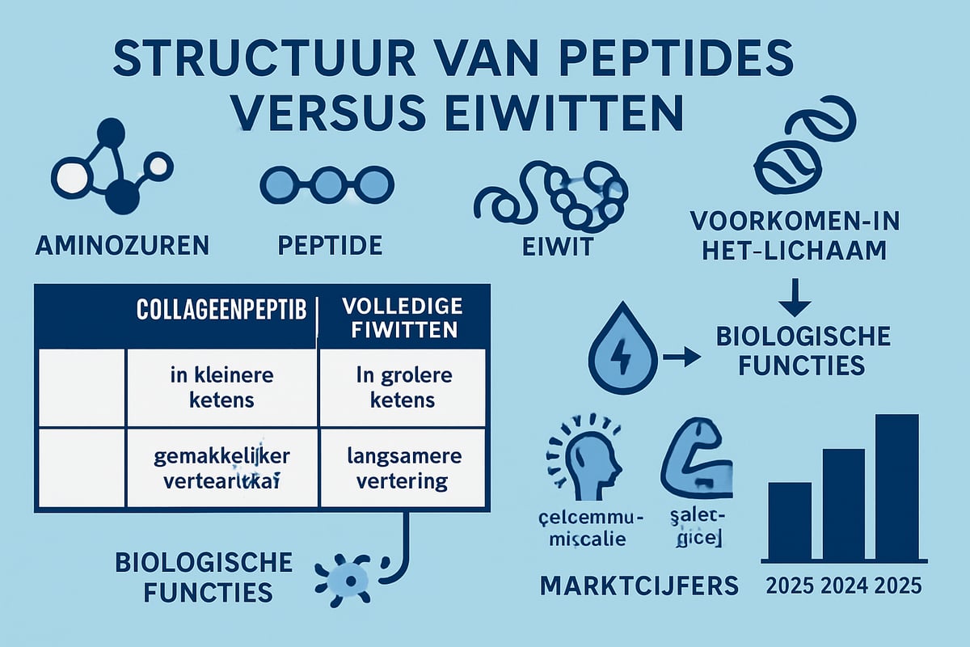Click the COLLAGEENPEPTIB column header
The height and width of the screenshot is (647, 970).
[x=221, y=312]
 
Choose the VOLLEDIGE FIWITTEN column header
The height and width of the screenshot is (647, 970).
[x=403, y=318]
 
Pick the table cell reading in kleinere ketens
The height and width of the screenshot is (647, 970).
[x=222, y=388]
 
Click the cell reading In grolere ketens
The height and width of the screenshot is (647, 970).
[x=403, y=388]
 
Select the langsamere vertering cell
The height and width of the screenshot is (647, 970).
[x=403, y=469]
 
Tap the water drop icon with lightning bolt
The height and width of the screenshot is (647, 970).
[x=618, y=357]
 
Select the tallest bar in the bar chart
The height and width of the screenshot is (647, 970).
[x=896, y=488]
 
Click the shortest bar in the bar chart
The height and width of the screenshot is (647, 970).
[x=789, y=521]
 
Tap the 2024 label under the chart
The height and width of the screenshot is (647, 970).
[x=842, y=585]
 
